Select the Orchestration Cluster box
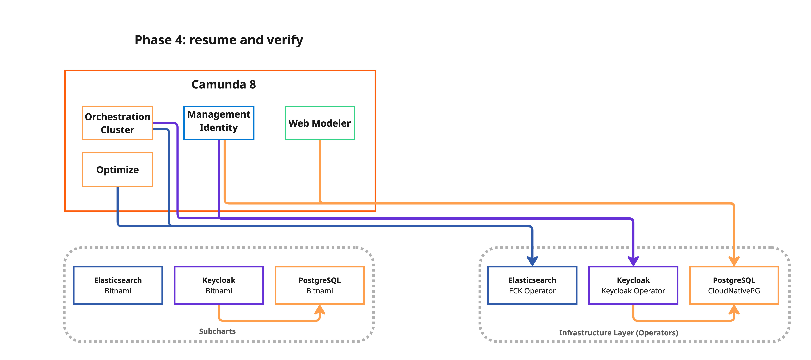click(117, 123)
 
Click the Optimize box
click(117, 170)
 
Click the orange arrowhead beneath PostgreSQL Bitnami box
click(320, 310)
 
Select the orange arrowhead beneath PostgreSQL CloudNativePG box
click(734, 310)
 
